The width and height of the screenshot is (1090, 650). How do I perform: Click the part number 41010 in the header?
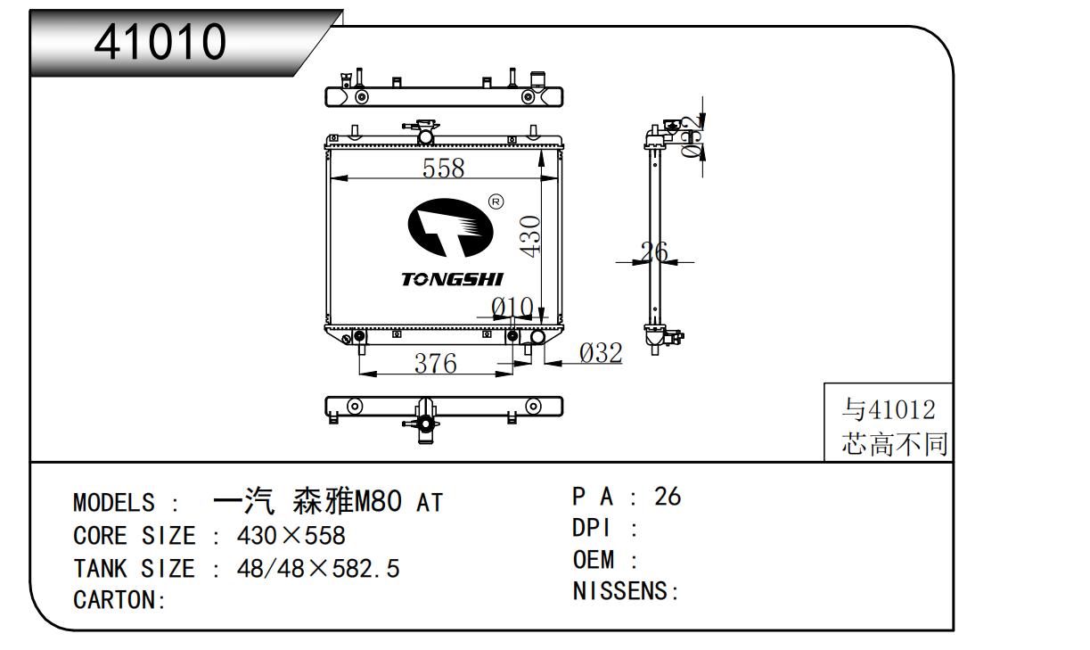pyautogui.click(x=161, y=41)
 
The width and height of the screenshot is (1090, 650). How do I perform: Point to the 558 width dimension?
pyautogui.click(x=444, y=167)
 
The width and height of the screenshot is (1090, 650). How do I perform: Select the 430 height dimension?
pyautogui.click(x=529, y=235)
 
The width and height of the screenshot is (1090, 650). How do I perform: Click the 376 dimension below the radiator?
pyautogui.click(x=436, y=363)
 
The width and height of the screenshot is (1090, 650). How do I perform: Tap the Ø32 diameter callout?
pyautogui.click(x=601, y=353)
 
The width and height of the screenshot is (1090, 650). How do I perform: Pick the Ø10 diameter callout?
pyautogui.click(x=512, y=308)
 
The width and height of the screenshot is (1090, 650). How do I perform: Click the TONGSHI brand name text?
pyautogui.click(x=452, y=280)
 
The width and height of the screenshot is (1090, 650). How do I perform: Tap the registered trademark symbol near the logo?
pyautogui.click(x=496, y=202)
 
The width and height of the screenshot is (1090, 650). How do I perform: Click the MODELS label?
pyautogui.click(x=114, y=503)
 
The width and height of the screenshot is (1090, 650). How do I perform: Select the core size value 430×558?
pyautogui.click(x=291, y=536)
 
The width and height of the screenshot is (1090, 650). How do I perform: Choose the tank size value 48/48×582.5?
pyautogui.click(x=317, y=568)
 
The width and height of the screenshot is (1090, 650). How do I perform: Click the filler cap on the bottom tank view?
pyautogui.click(x=424, y=420)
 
